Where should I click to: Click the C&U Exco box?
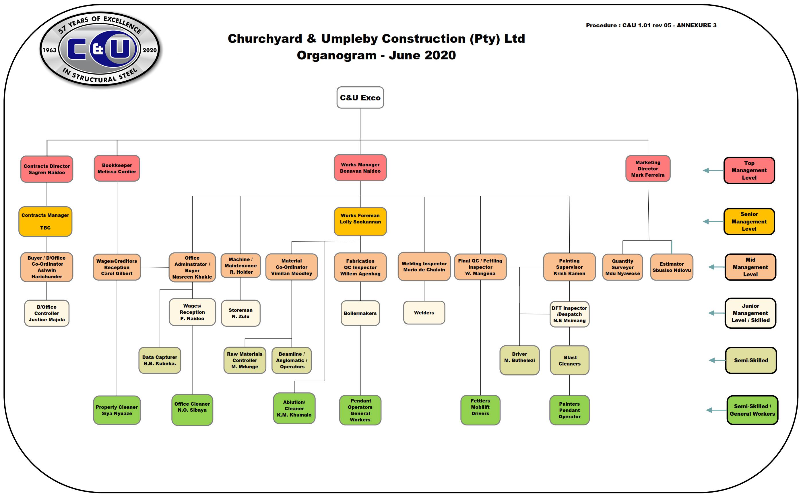coord(360,98)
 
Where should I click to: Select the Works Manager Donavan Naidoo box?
coord(360,168)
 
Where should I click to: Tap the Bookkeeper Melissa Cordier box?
coord(117,168)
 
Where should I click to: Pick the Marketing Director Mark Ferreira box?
coord(647,169)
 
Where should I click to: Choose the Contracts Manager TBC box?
coord(45,221)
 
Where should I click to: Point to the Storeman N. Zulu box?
coord(241,313)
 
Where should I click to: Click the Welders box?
coord(424,313)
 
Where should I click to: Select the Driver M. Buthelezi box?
coord(519,360)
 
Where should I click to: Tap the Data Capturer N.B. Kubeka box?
coord(160,360)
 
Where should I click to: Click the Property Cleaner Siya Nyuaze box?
coord(117,410)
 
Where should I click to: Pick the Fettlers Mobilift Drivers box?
coord(480,410)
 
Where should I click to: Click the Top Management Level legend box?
coord(749,170)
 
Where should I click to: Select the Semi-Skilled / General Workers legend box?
coord(752,410)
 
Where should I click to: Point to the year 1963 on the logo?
coord(49,50)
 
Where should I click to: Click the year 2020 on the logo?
coord(149,50)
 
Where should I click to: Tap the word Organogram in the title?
coord(336,55)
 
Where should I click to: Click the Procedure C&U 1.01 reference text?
coord(651,25)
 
